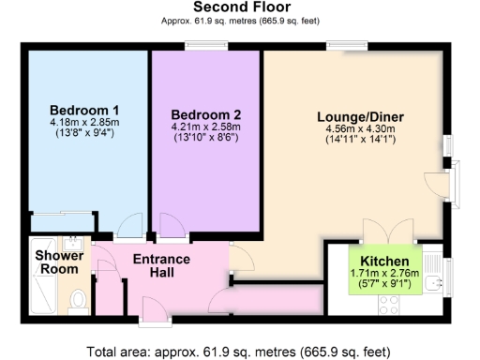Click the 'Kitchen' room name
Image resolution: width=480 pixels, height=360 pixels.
[384, 261]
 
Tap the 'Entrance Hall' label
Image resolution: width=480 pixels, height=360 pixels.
[160, 265]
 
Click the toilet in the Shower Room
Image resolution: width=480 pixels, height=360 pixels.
[80, 300]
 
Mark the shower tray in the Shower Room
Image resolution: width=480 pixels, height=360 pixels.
[42, 295]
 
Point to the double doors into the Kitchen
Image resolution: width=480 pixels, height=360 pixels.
[387, 231]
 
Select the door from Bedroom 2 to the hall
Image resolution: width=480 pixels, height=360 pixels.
[172, 226]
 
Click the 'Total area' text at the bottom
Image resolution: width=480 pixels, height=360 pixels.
[240, 352]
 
